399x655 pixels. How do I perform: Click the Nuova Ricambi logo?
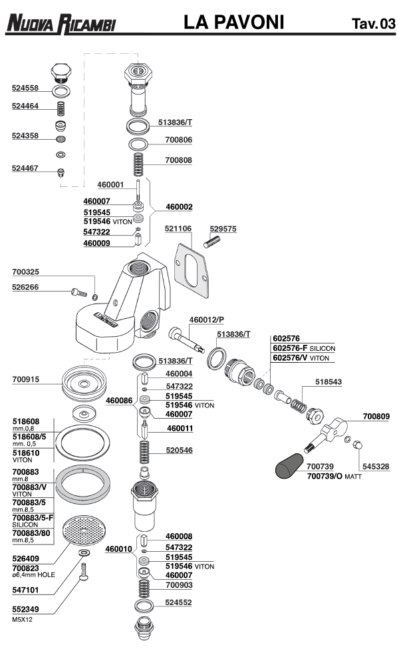tap(61, 25)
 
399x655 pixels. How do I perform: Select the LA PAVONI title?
tap(234, 23)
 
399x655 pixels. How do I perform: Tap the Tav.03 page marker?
tap(372, 25)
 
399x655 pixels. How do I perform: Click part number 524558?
tap(26, 87)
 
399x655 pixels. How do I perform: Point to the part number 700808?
tap(178, 160)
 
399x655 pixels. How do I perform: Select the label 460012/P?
tap(207, 320)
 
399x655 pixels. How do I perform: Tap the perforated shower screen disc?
tap(82, 531)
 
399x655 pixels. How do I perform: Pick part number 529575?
tap(223, 228)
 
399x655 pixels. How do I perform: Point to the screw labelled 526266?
tap(78, 291)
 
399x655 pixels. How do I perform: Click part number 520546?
tap(180, 451)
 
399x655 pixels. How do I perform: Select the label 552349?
tap(26, 609)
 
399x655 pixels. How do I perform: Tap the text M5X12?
tap(22, 619)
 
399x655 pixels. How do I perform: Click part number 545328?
tap(376, 467)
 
